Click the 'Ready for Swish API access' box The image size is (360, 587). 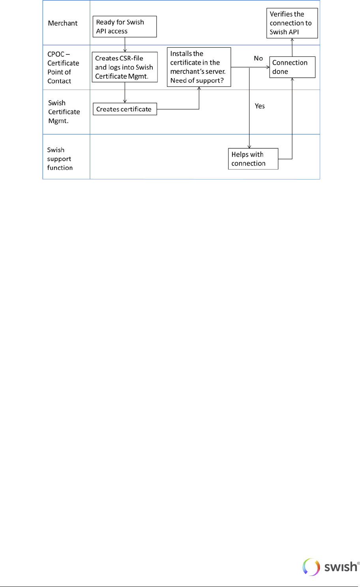[x=124, y=26]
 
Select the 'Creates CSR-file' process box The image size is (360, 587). [x=124, y=67]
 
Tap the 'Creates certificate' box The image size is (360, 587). [x=124, y=109]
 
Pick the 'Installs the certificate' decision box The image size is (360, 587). [x=199, y=67]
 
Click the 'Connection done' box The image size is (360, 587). [x=292, y=67]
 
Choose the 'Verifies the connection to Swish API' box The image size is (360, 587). [x=292, y=23]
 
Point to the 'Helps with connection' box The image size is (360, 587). [x=253, y=159]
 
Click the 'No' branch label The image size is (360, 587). [x=258, y=58]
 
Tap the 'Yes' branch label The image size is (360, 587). [x=260, y=106]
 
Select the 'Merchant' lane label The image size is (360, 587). [x=63, y=23]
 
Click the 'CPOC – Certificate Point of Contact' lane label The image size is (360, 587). [x=63, y=67]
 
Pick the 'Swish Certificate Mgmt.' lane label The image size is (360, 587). [x=64, y=112]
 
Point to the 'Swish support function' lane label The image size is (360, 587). [x=60, y=159]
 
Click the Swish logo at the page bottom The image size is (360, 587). [x=331, y=567]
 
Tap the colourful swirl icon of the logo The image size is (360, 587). [x=311, y=567]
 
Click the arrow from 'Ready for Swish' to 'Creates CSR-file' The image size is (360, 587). [x=125, y=45]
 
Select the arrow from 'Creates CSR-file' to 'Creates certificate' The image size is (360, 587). [x=125, y=93]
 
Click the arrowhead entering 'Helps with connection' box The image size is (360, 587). [x=249, y=146]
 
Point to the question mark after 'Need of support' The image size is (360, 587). [x=222, y=80]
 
